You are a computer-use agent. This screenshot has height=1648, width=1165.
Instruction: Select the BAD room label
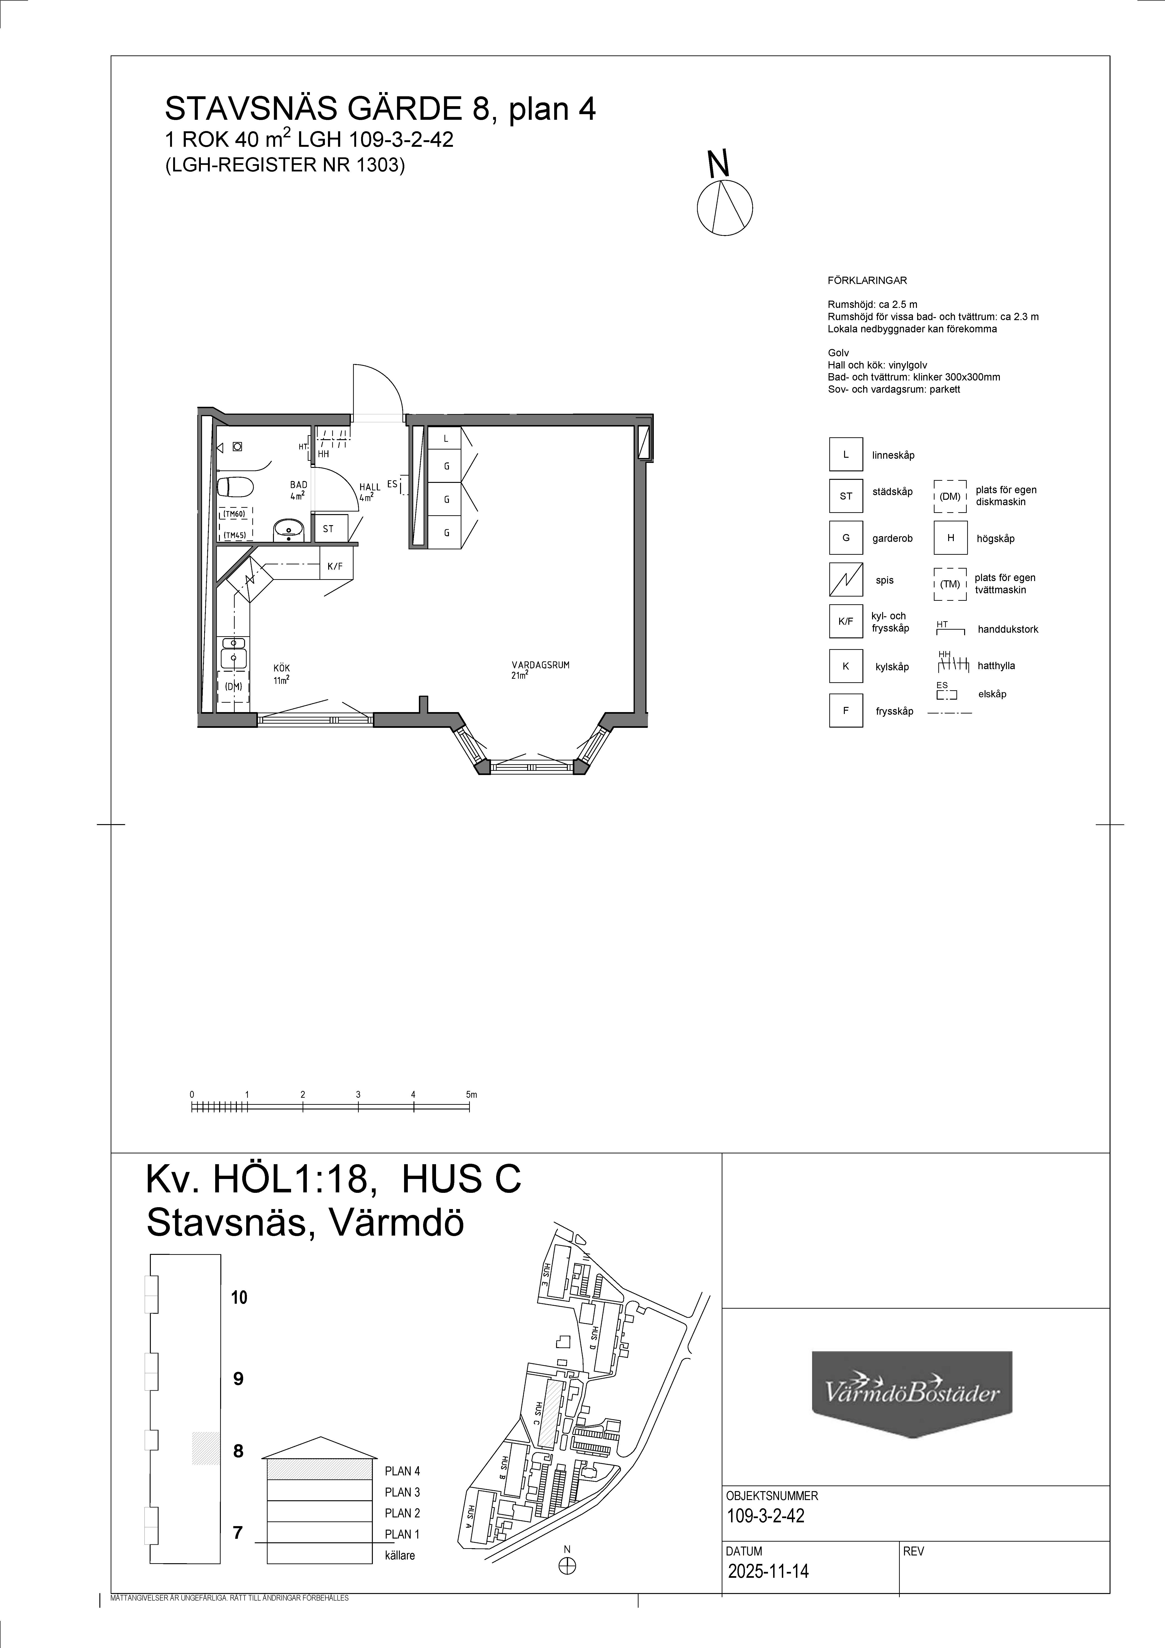coord(299,485)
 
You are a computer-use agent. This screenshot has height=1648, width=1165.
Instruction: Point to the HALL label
coord(370,487)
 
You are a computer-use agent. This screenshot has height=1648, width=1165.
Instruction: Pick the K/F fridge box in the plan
coord(335,566)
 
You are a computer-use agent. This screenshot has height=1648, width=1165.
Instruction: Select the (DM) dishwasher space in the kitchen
coord(233,686)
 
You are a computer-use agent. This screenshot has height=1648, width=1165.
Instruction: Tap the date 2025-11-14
coord(768,1571)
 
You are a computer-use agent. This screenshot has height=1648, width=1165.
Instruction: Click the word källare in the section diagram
coord(400,1555)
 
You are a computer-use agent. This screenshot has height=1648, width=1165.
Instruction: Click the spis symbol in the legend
coord(846,580)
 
